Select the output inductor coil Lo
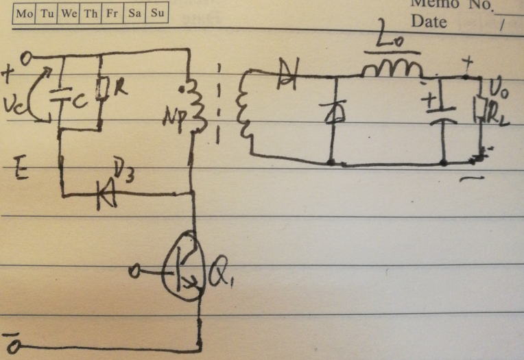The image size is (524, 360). pyautogui.click(x=392, y=67)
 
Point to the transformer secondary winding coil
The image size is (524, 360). pyautogui.click(x=242, y=110)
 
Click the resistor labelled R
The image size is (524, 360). pyautogui.click(x=101, y=88)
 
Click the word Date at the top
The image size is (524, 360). pyautogui.click(x=429, y=21)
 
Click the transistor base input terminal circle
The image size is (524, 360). pyautogui.click(x=136, y=272)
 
